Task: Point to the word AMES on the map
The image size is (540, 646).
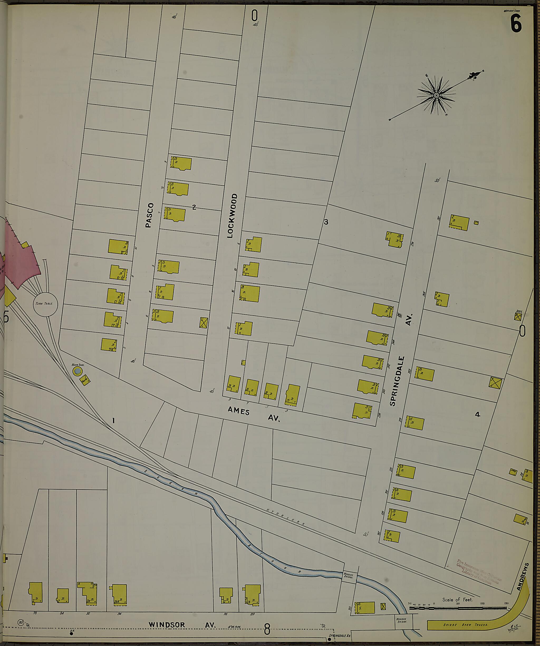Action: point(239,411)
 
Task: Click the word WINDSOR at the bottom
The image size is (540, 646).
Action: point(167,625)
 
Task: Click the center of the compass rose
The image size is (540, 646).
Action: point(436,95)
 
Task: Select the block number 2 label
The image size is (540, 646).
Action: point(194,207)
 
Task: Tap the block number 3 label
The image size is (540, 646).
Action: point(326,222)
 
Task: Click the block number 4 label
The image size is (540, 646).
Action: point(478,414)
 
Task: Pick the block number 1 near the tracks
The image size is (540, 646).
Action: point(114,421)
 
